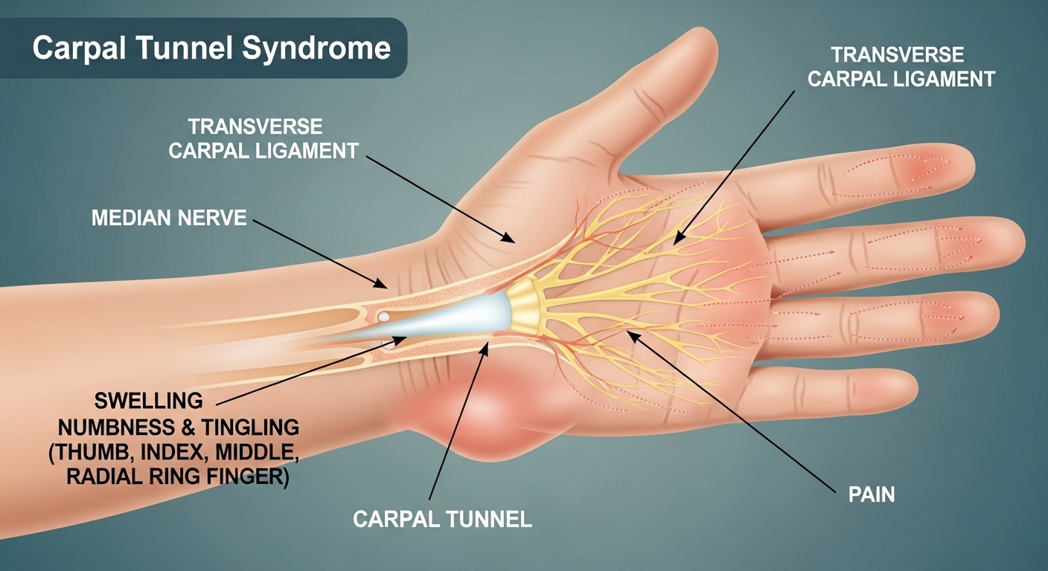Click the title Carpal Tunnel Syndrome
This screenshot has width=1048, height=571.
[x=211, y=48]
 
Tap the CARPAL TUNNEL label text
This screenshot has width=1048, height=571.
[x=442, y=518]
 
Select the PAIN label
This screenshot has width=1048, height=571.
[x=871, y=494]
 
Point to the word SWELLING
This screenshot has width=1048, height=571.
[x=149, y=401]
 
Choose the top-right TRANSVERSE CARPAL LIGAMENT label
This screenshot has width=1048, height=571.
[x=901, y=66]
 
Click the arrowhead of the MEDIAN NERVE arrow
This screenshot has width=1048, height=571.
[x=386, y=286]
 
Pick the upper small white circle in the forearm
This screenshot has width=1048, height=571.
[x=383, y=317]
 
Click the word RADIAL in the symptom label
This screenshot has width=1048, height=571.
[x=106, y=477]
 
